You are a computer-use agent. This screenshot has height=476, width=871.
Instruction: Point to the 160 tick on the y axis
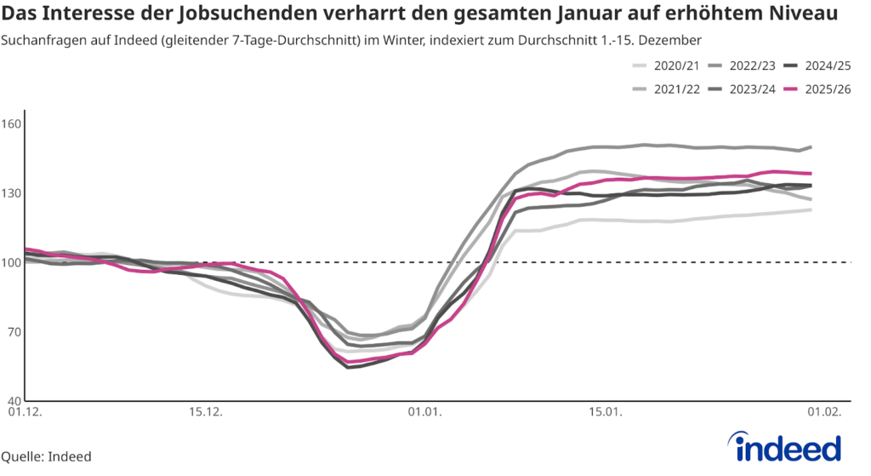[11, 123]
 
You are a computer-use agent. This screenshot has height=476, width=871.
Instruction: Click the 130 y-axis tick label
[11, 193]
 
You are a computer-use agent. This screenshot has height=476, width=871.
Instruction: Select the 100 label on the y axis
[11, 262]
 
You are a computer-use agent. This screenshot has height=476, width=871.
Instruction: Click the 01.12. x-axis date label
[25, 413]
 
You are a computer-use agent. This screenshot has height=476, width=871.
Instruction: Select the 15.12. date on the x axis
[204, 413]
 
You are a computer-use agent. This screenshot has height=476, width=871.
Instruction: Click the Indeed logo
[784, 448]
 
